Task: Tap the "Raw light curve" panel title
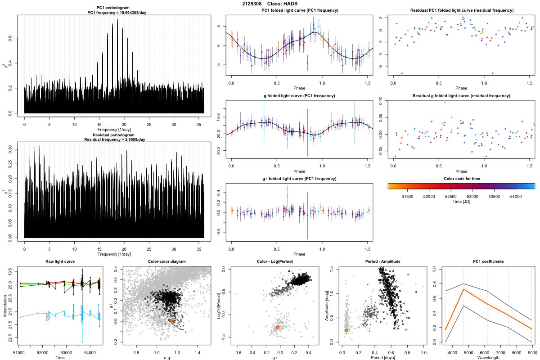(x=60, y=262)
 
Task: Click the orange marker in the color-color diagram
(x=172, y=321)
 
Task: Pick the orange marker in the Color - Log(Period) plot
(x=278, y=327)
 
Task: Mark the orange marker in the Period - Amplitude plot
(x=346, y=330)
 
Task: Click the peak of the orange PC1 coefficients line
(x=463, y=289)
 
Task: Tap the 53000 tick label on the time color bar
(x=472, y=197)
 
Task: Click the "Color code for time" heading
(x=461, y=178)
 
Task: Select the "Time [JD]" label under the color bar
(x=461, y=202)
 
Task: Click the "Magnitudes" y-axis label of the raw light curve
(x=4, y=305)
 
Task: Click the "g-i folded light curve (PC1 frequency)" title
(x=300, y=178)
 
